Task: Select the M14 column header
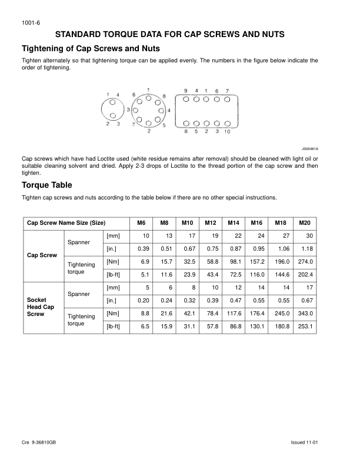coord(234,224)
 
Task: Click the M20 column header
coord(304,224)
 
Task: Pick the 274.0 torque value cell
coord(305,262)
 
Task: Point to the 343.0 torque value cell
coord(305,312)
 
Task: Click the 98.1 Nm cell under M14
coord(235,262)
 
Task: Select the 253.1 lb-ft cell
coord(305,326)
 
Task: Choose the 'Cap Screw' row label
coord(42,255)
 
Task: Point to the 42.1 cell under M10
coord(188,312)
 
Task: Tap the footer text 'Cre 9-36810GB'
coord(41,441)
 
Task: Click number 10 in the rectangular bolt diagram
coord(228,132)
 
